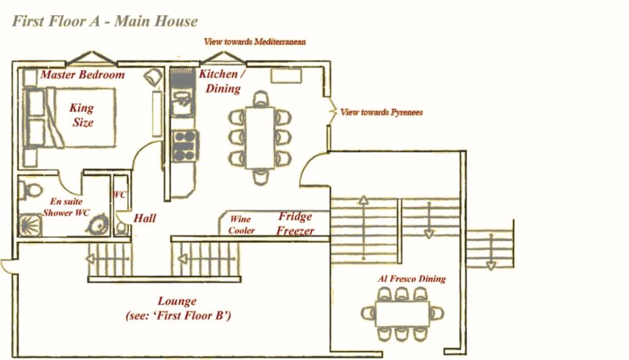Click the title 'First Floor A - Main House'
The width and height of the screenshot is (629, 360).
click(x=104, y=21)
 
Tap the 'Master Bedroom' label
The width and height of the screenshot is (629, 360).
click(x=82, y=75)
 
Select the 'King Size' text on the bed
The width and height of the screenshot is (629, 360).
click(x=82, y=115)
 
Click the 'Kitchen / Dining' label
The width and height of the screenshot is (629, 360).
click(x=222, y=81)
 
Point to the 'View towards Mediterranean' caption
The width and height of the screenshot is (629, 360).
click(x=255, y=42)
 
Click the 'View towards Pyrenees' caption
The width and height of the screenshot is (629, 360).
click(x=381, y=112)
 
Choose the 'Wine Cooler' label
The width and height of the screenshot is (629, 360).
click(x=241, y=225)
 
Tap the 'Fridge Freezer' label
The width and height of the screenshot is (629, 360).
click(x=295, y=224)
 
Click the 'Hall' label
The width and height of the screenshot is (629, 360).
click(x=144, y=218)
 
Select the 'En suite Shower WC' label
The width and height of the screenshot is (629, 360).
click(x=66, y=207)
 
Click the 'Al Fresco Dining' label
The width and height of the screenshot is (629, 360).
click(x=412, y=278)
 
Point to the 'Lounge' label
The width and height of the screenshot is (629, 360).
click(x=177, y=301)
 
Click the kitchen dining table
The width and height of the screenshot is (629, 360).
click(x=260, y=137)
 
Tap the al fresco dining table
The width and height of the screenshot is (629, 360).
click(x=402, y=314)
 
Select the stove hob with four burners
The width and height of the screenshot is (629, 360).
click(x=185, y=146)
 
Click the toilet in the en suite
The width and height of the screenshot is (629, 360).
click(x=31, y=190)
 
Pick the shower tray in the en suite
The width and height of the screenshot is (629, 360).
click(x=30, y=225)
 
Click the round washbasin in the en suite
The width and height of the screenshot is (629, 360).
click(x=98, y=225)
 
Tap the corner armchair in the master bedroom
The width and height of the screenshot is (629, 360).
click(x=153, y=76)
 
